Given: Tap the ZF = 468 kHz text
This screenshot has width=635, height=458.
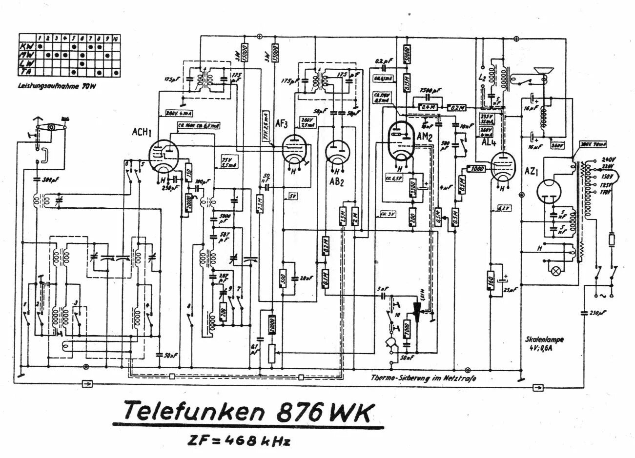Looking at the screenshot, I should pos(239,441).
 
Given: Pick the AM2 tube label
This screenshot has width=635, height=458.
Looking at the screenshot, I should pos(425,138).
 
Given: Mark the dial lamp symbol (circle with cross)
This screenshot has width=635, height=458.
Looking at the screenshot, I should pos(555,271).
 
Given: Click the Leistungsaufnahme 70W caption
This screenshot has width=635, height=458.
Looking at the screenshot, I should pos(49,87).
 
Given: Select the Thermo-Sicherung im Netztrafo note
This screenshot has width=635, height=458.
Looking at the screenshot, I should pos(424,378).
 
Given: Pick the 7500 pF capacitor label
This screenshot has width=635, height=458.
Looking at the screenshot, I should pos(431,91).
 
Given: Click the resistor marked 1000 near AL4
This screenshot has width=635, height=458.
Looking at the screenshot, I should pos(476,169).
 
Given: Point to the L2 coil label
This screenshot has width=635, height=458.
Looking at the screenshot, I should pos(482,78).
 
